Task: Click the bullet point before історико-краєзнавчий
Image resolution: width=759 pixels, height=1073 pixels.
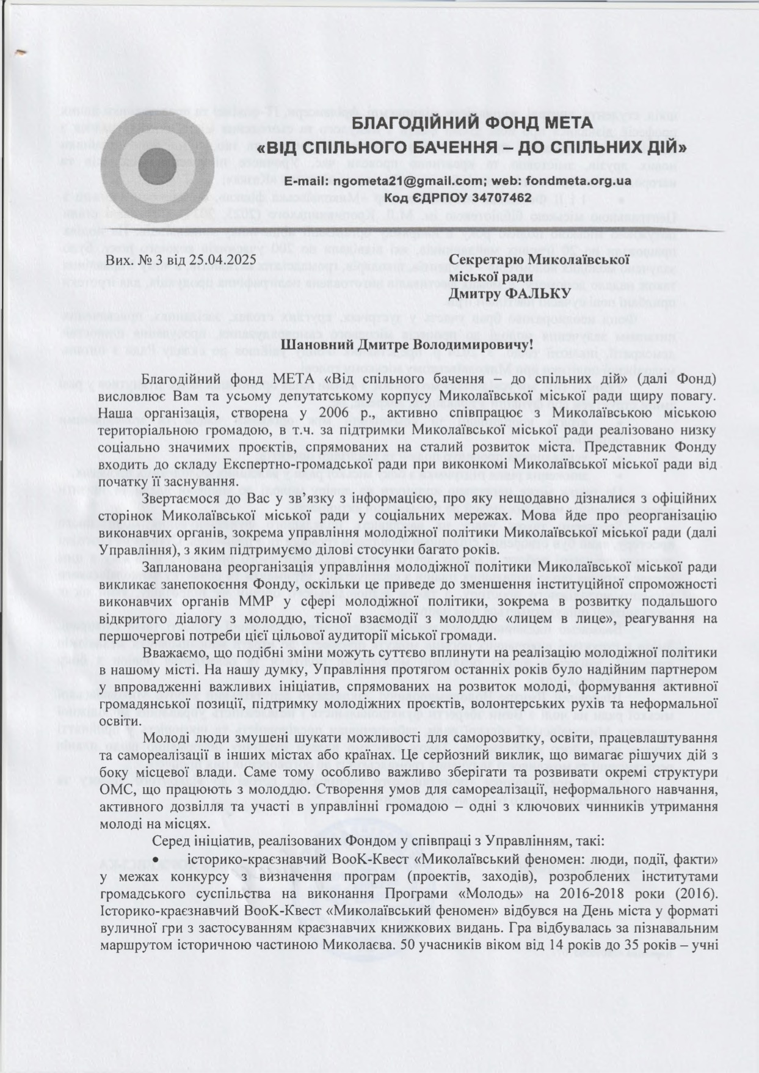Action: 156,859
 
